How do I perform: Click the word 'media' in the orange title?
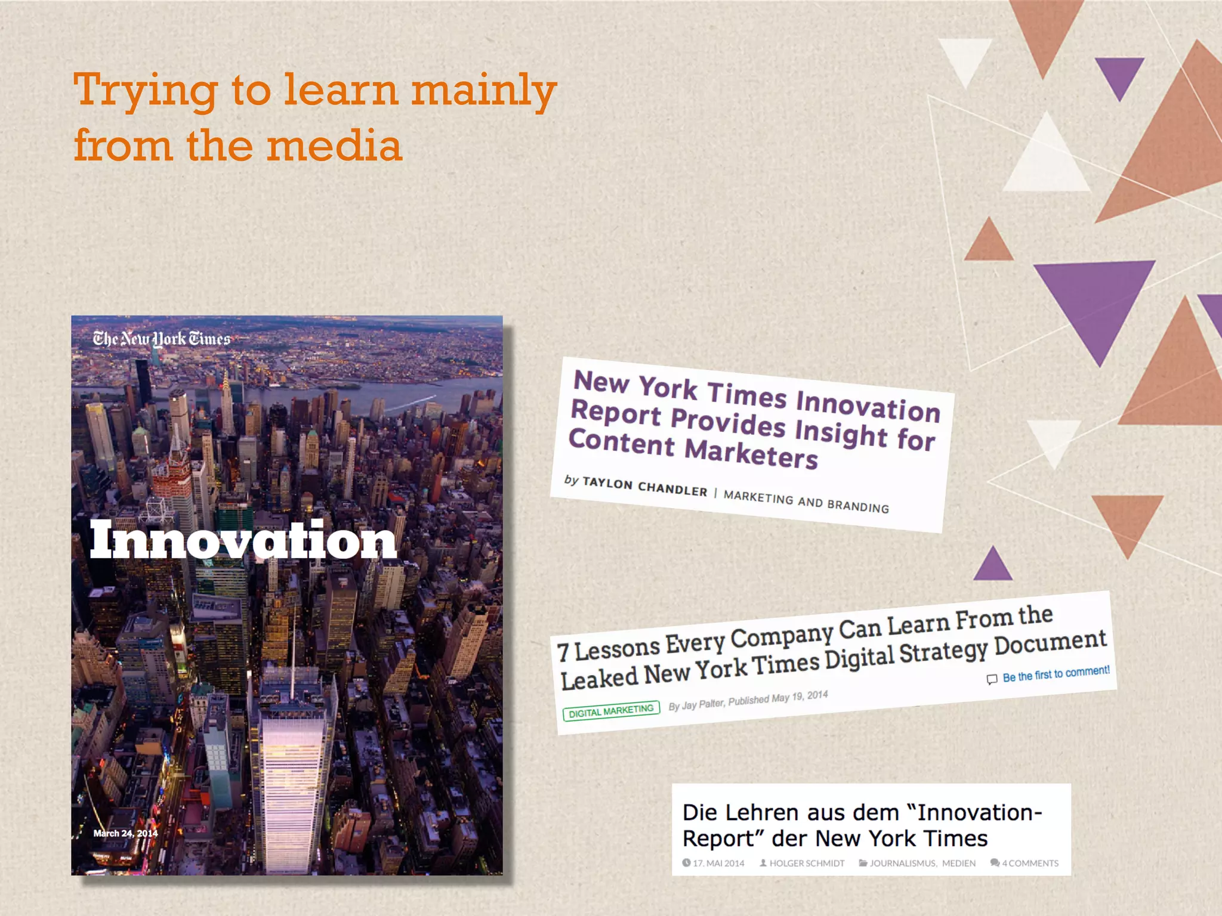334,146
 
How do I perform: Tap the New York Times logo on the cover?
161,339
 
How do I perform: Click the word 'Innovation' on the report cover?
243,540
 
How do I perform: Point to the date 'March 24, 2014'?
125,833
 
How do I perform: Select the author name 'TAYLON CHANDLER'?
644,487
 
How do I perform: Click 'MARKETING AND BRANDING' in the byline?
806,502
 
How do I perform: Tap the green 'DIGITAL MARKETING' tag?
611,711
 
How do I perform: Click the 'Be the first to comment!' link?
1056,674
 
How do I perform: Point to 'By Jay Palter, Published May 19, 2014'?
748,700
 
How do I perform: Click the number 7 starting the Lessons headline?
563,652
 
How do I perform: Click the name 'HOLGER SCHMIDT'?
806,863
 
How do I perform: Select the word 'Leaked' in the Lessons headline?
599,678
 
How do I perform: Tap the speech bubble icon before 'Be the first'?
992,679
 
